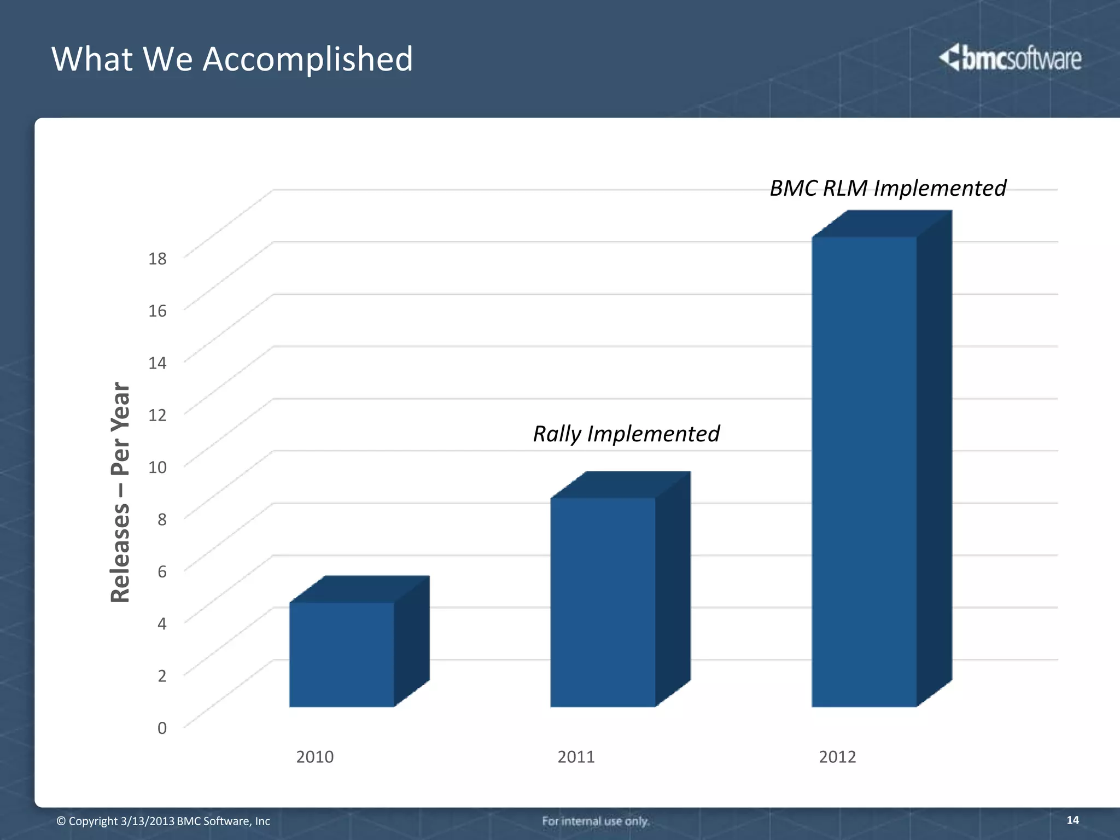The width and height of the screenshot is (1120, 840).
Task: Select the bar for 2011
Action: click(x=603, y=602)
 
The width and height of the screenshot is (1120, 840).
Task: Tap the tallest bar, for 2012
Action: click(x=864, y=470)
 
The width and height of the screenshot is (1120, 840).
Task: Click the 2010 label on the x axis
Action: click(x=314, y=757)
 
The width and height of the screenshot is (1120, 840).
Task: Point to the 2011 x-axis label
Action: click(x=576, y=757)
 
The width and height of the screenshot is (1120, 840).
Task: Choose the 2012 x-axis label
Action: click(x=837, y=757)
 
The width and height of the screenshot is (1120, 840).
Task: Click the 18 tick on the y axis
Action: click(x=157, y=259)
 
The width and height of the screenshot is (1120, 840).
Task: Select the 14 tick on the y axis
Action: click(x=157, y=363)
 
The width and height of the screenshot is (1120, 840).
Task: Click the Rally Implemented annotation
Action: click(x=626, y=434)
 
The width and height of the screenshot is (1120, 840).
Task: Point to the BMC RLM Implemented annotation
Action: click(x=888, y=189)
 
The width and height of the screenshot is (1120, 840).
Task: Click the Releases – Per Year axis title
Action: click(x=120, y=492)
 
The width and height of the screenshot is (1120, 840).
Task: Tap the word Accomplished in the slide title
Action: click(x=308, y=59)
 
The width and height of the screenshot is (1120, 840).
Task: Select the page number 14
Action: click(x=1072, y=820)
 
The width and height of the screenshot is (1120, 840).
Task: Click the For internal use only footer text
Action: click(x=596, y=821)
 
